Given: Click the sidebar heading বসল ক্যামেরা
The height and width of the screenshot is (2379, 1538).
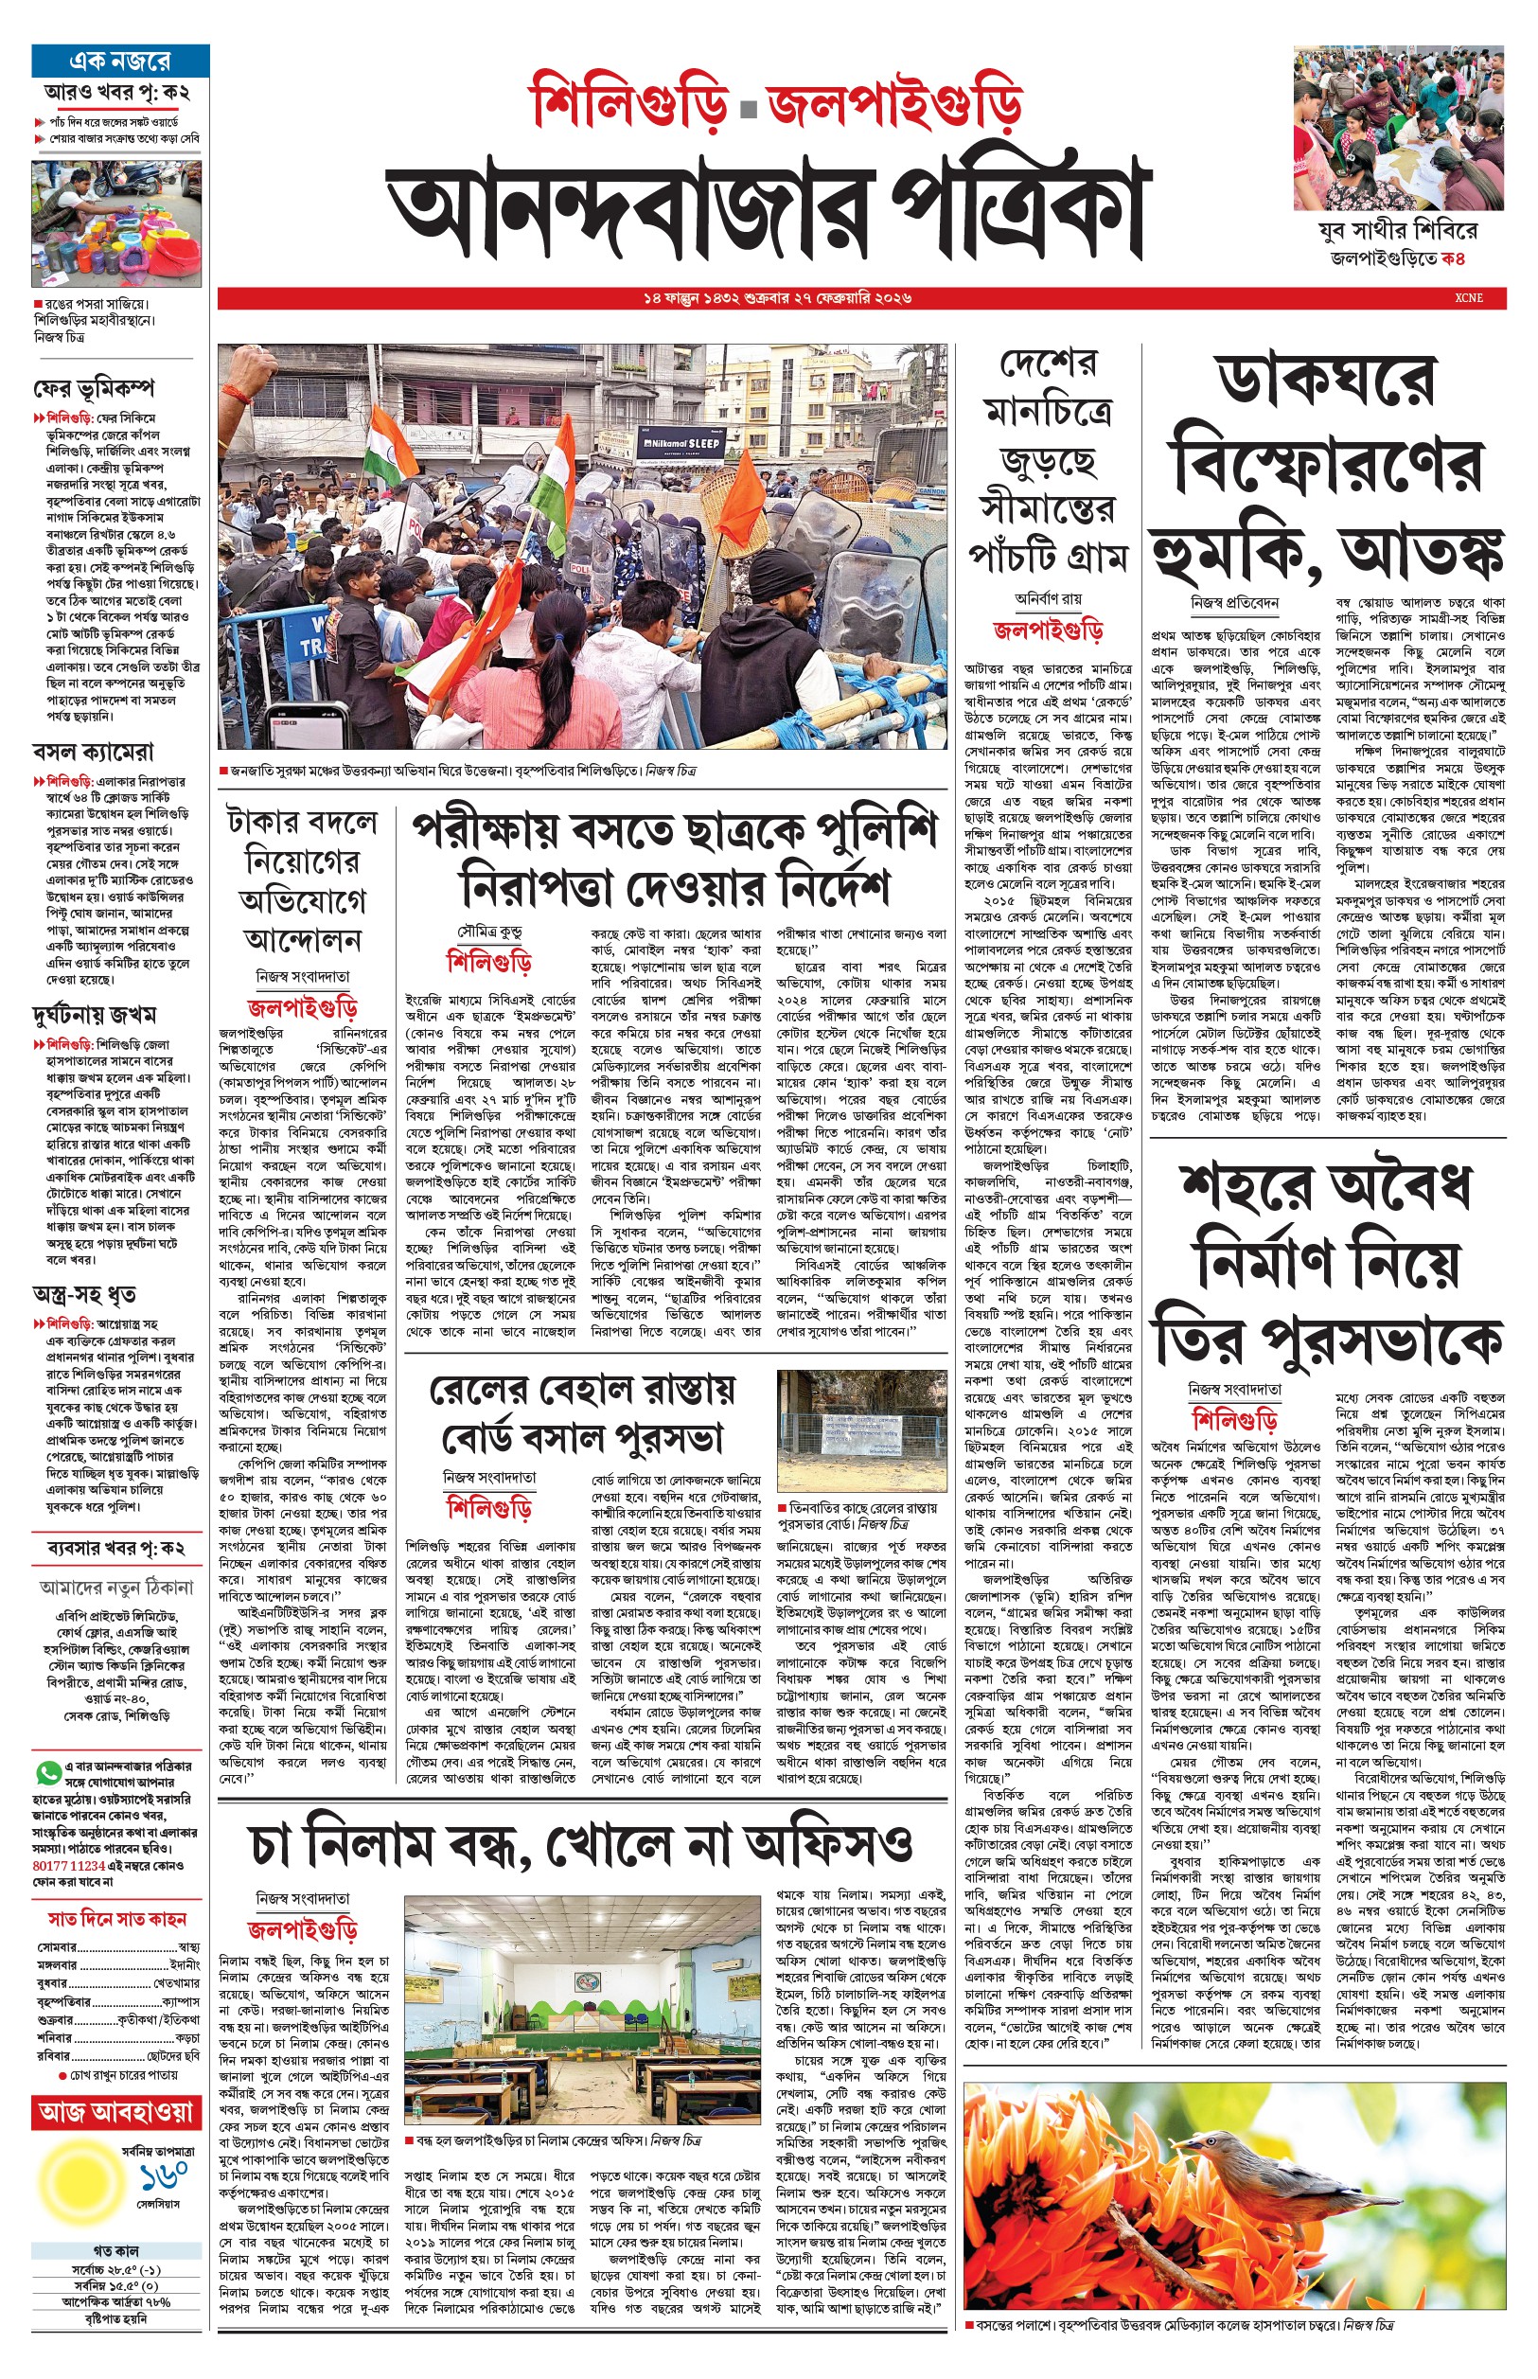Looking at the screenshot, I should point(93,751).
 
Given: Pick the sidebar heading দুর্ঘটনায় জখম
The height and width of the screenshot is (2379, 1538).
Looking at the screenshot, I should point(94,1015).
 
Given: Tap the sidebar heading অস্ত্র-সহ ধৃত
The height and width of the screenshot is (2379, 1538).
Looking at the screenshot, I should point(84,1296).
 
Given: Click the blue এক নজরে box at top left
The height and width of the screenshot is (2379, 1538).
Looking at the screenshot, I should point(120,61).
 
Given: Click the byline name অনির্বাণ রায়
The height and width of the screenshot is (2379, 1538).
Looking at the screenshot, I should point(1048,599).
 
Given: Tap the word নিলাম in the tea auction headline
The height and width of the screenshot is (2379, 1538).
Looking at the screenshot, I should point(398,1846).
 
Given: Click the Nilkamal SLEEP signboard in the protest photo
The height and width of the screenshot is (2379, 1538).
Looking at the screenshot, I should point(680,442).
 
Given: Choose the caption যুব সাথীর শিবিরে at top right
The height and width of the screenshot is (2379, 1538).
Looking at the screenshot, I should point(1397,231).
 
